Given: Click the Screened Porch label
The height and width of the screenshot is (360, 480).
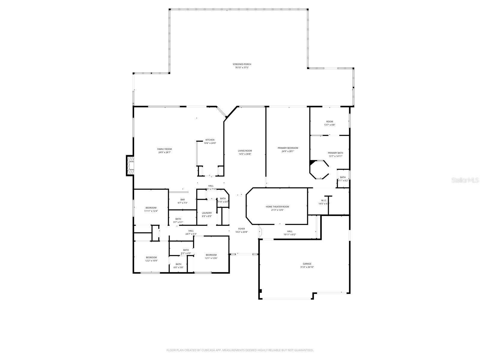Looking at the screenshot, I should (x=242, y=64).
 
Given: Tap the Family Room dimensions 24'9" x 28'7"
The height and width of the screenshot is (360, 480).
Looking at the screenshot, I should (x=165, y=152).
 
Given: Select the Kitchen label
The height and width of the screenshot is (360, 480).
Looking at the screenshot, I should (x=210, y=140).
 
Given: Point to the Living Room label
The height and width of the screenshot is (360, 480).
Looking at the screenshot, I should (x=245, y=151).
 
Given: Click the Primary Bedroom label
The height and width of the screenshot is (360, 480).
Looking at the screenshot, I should (x=288, y=148).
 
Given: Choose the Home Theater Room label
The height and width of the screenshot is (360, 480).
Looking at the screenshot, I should (x=277, y=207).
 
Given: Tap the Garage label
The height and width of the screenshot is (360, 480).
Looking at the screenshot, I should (x=307, y=264).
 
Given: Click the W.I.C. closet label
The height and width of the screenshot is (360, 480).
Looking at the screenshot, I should (x=324, y=200).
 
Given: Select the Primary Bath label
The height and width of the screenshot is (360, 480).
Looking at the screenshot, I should (x=335, y=153).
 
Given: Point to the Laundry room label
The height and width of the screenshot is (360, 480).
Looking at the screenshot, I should (x=207, y=213).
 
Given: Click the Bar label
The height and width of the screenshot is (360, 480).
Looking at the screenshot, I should (x=182, y=200).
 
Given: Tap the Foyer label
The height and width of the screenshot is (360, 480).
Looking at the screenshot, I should (x=241, y=229).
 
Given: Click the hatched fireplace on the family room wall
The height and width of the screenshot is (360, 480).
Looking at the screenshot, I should (x=130, y=165).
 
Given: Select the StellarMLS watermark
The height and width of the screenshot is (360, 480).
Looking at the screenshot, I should (x=467, y=180).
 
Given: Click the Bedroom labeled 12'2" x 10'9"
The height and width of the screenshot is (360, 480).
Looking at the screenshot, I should (x=151, y=257).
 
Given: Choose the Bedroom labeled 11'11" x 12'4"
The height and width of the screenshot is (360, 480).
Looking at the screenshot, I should (x=151, y=208).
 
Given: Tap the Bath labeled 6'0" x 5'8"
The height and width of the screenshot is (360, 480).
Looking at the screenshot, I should (x=178, y=264).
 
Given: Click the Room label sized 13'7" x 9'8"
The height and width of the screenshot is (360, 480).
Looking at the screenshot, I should (x=329, y=121).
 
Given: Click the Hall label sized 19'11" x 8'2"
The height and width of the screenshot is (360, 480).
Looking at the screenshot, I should (x=289, y=231).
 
